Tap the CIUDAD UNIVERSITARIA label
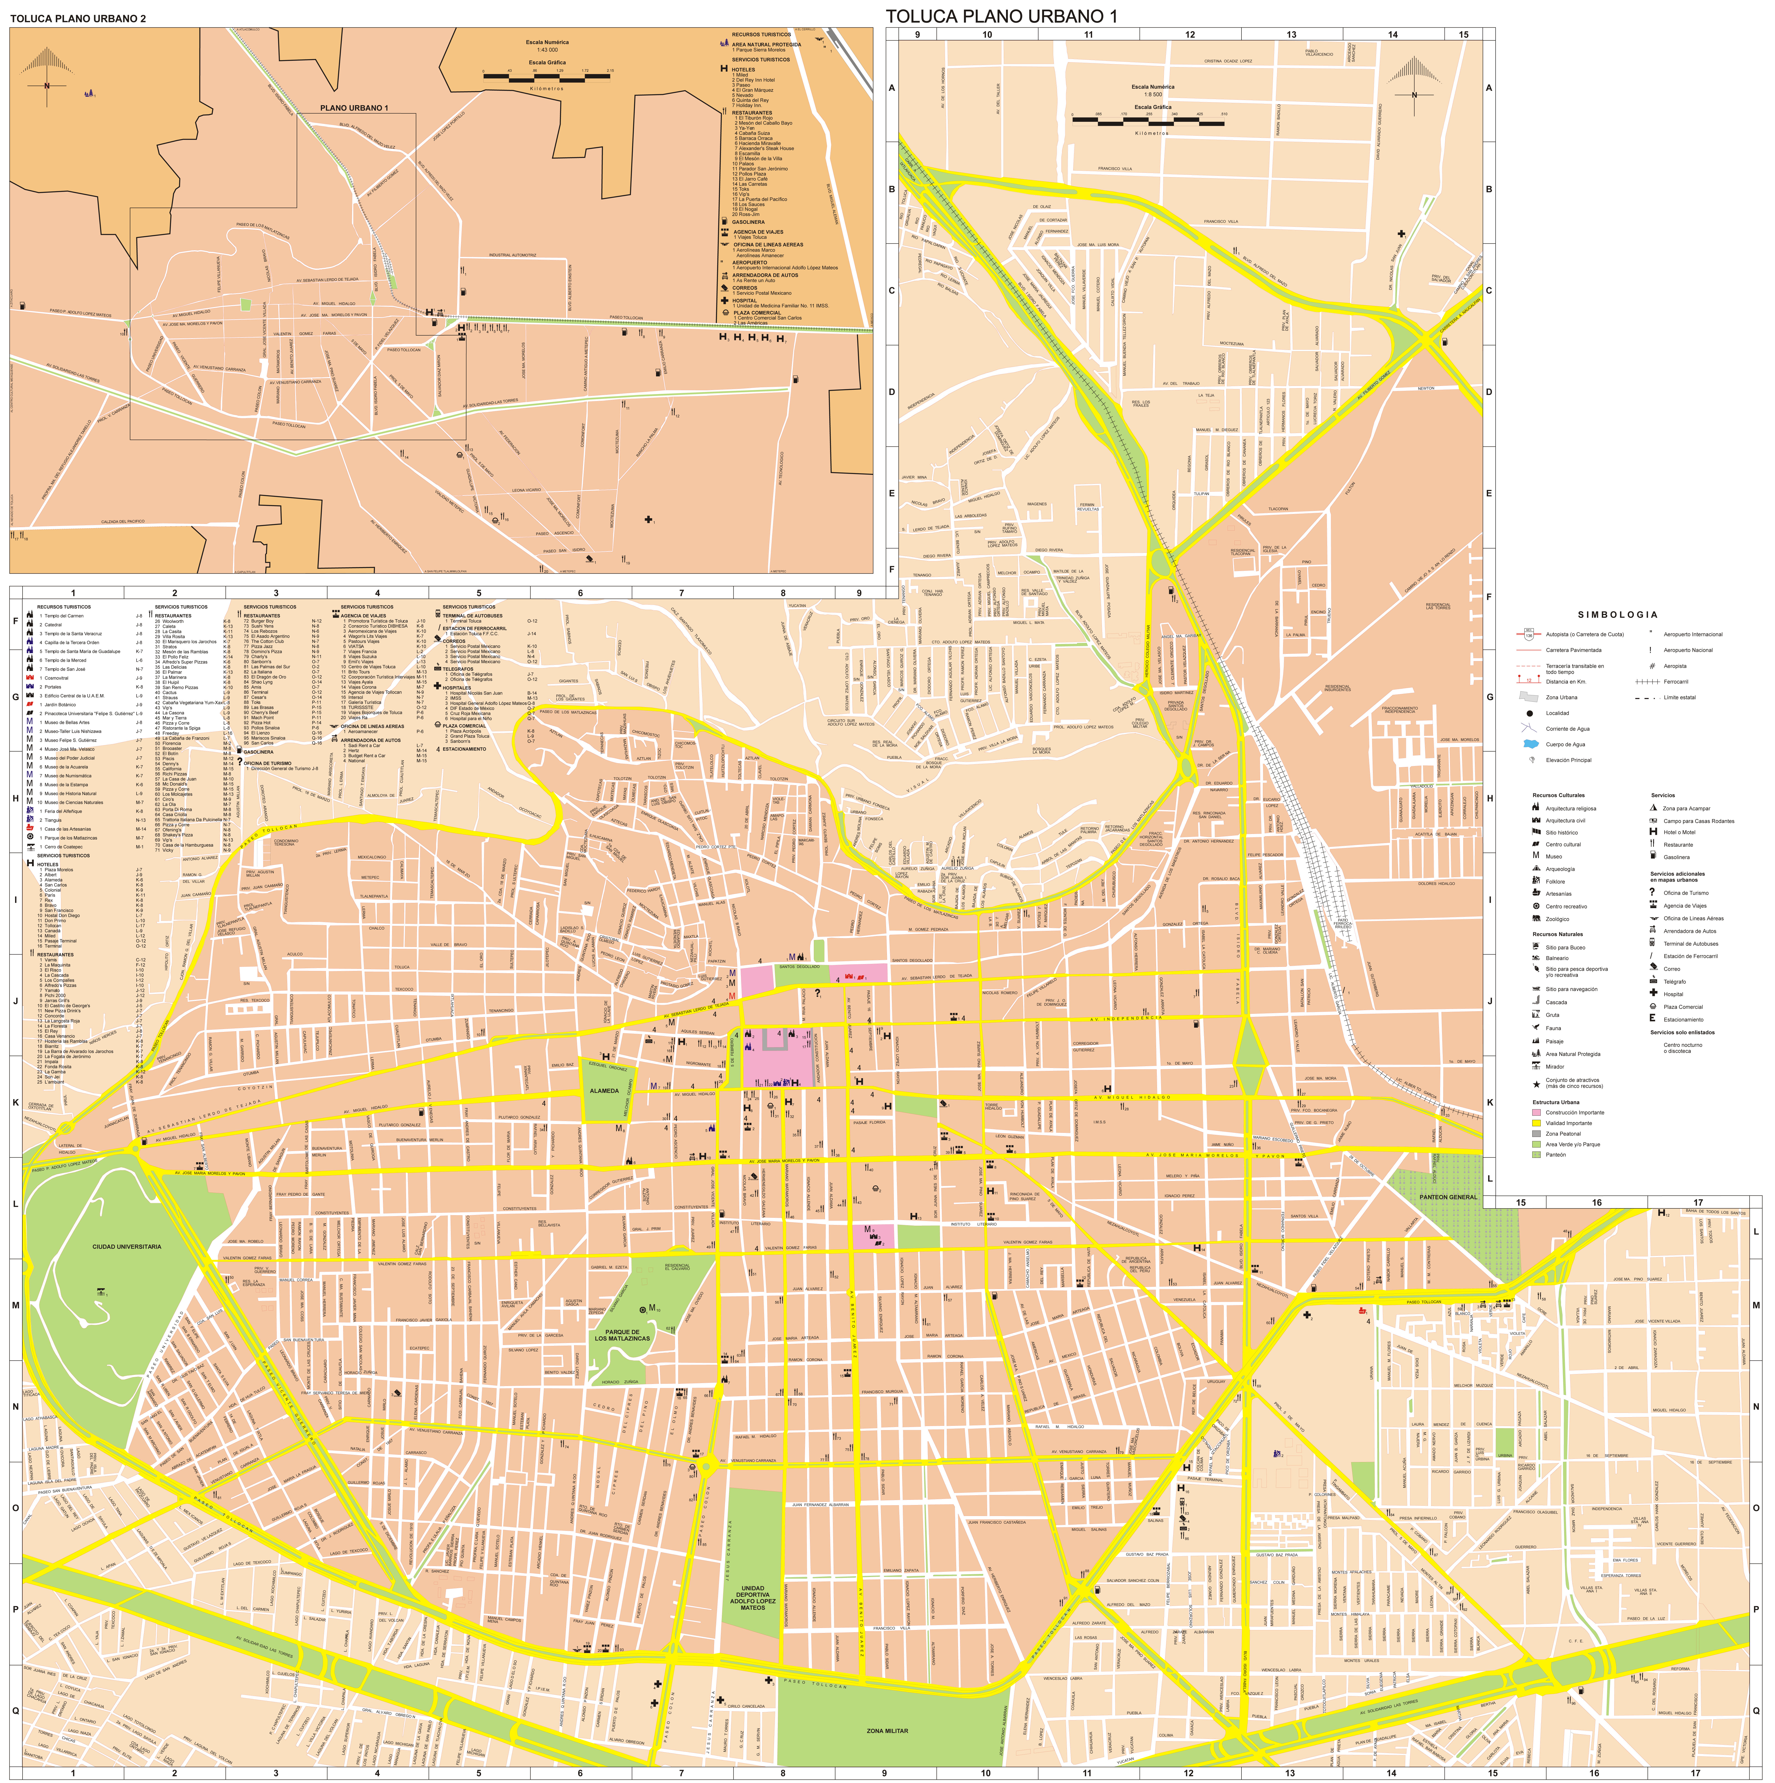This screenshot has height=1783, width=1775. tap(126, 1247)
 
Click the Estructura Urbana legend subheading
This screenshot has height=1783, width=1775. tap(1555, 1102)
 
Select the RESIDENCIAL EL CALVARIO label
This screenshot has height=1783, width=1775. tap(677, 1267)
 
